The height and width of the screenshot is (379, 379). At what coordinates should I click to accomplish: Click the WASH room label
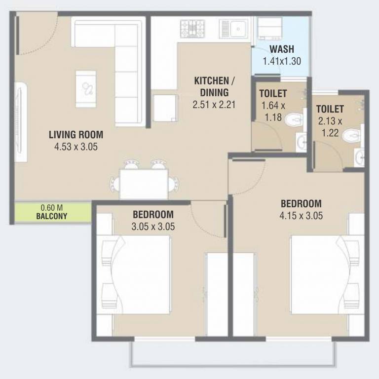tap(282, 49)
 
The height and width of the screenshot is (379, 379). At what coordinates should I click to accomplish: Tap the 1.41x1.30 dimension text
tap(282, 61)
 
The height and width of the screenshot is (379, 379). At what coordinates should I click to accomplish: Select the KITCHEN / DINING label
tap(211, 86)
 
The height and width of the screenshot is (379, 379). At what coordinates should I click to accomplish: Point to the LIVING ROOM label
tap(76, 134)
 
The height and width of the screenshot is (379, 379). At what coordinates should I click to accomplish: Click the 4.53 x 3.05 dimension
tap(76, 146)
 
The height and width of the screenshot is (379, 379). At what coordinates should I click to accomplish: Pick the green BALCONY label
tap(51, 216)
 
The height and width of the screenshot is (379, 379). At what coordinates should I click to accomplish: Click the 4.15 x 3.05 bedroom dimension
tap(301, 215)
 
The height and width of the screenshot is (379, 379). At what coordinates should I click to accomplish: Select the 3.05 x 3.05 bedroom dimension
tap(153, 227)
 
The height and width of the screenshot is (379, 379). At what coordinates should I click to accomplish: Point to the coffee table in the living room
tap(85, 89)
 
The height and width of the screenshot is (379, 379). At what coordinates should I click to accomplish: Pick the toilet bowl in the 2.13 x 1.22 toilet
tap(351, 134)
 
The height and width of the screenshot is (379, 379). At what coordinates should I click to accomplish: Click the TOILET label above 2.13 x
tap(330, 109)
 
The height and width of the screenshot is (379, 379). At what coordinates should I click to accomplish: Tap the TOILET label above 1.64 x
tap(273, 93)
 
